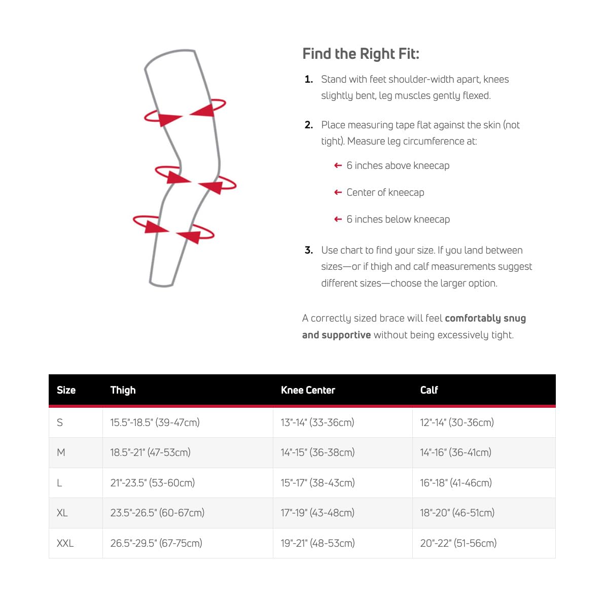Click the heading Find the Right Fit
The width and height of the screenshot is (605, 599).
(x=361, y=54)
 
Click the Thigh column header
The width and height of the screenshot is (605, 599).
(x=123, y=390)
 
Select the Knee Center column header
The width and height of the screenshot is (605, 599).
(x=308, y=390)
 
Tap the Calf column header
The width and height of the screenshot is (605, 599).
(x=429, y=390)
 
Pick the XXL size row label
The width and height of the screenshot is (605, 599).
(x=65, y=543)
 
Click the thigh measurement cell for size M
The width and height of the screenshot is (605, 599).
(x=150, y=452)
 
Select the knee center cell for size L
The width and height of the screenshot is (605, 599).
(x=317, y=483)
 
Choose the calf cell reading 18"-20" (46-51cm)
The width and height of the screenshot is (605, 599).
(x=457, y=513)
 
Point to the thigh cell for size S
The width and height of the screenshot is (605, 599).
(x=155, y=422)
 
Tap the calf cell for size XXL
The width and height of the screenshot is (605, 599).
(x=458, y=543)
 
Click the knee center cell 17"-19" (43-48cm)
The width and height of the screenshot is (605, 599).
(x=317, y=513)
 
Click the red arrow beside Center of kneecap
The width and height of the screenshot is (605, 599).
(x=338, y=192)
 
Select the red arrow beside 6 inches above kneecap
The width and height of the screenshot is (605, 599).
(x=338, y=165)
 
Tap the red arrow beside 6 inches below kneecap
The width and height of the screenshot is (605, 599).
(x=338, y=219)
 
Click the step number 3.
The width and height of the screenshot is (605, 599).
(x=308, y=250)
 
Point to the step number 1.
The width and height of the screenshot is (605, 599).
(x=308, y=79)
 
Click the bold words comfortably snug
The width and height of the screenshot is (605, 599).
(x=485, y=318)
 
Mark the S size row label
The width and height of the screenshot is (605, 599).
(x=60, y=422)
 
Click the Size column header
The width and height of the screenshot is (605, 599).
(x=66, y=390)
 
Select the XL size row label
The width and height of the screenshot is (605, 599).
(x=62, y=513)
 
